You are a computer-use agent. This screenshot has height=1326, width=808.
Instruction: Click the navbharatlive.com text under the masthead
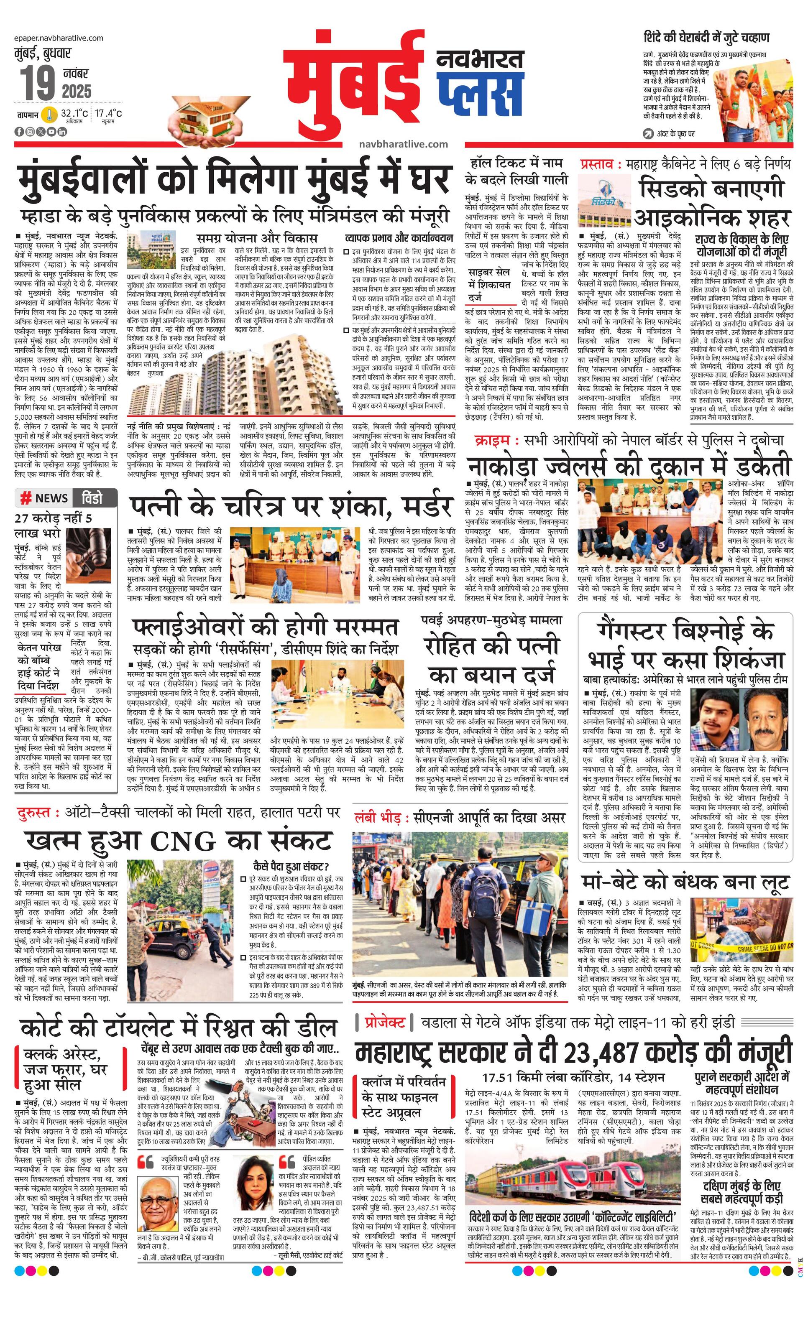pos(403,144)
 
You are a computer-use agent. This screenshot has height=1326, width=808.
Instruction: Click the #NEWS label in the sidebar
pos(44,498)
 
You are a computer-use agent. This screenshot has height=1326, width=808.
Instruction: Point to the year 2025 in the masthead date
pos(77,91)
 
